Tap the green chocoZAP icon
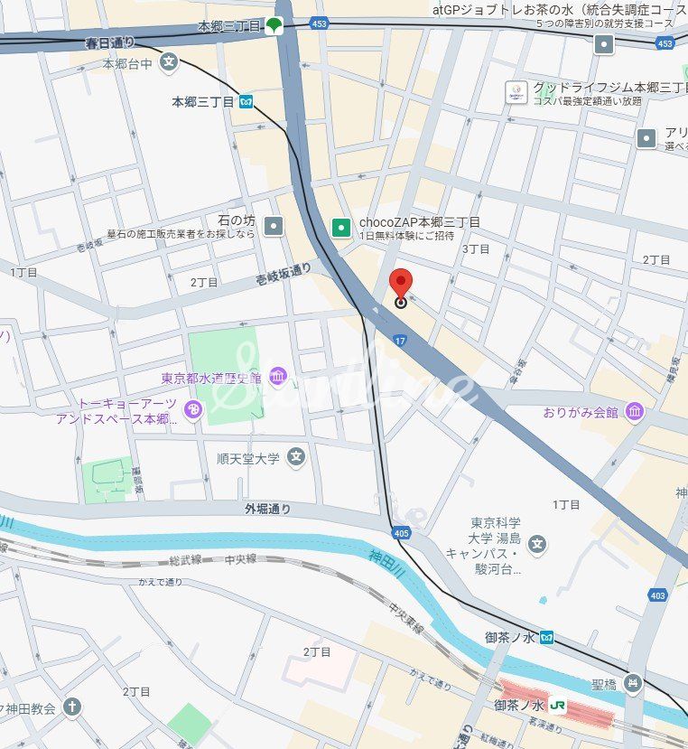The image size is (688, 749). (340, 228)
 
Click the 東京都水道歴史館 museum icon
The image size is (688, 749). (277, 376)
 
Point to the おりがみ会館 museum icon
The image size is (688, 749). (635, 412)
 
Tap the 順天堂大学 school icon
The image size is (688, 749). (295, 458)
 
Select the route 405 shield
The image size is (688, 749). (402, 534)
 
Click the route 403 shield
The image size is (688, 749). (657, 595)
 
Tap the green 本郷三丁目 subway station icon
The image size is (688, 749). (274, 24)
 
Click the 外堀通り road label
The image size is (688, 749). (268, 510)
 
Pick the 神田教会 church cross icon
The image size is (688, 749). (72, 707)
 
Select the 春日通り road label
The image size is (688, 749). (109, 42)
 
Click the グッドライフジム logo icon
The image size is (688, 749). (516, 92)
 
